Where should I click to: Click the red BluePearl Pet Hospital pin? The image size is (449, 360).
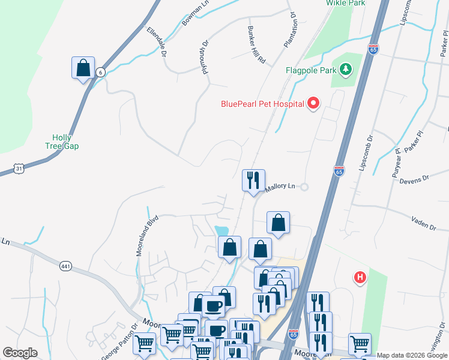pos(313,104)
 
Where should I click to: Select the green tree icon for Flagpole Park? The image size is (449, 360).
pos(345,71)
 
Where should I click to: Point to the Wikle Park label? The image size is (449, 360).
pos(346,3)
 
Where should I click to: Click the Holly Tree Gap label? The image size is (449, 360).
pos(62,142)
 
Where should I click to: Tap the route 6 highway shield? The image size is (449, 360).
pos(101,72)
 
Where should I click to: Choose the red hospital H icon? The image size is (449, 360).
pos(360,277)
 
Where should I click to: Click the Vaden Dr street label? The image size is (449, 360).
pos(424,223)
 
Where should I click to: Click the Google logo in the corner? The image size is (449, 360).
pos(20,353)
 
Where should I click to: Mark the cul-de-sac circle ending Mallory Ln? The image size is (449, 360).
pos(304,187)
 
